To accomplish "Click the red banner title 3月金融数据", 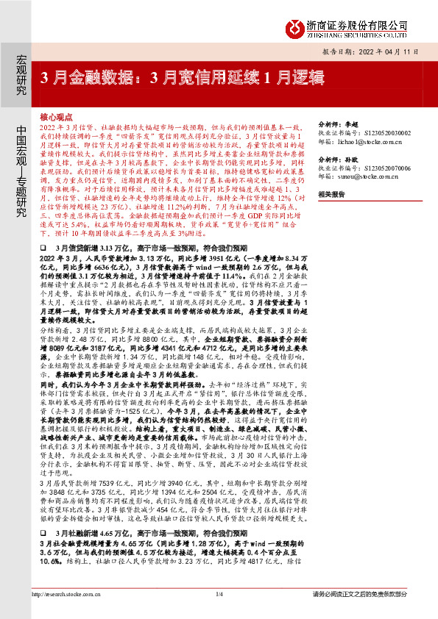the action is point(169,76).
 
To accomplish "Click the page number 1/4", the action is point(219,594).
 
